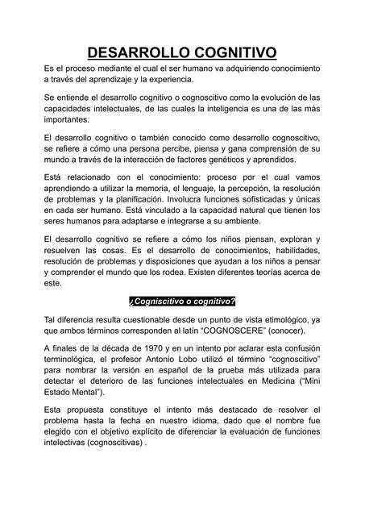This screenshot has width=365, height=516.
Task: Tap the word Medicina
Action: click(271, 379)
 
